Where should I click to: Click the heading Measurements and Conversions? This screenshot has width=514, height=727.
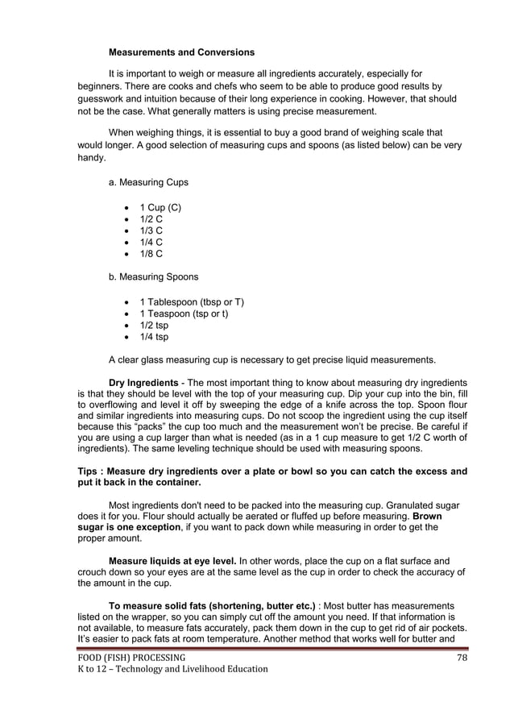181,52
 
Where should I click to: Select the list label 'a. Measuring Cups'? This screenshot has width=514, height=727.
148,183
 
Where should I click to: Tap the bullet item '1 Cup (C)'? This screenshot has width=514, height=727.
160,208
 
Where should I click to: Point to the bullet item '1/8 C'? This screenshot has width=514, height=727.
151,254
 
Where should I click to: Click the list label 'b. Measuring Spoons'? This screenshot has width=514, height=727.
153,277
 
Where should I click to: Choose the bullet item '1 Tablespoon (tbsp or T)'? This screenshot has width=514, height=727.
192,302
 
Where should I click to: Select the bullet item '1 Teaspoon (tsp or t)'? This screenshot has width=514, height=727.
184,314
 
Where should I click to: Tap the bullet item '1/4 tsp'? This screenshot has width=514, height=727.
154,337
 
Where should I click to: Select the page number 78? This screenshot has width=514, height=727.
462,657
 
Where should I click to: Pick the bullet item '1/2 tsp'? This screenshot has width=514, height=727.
154,326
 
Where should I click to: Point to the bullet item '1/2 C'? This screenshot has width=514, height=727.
151,219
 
